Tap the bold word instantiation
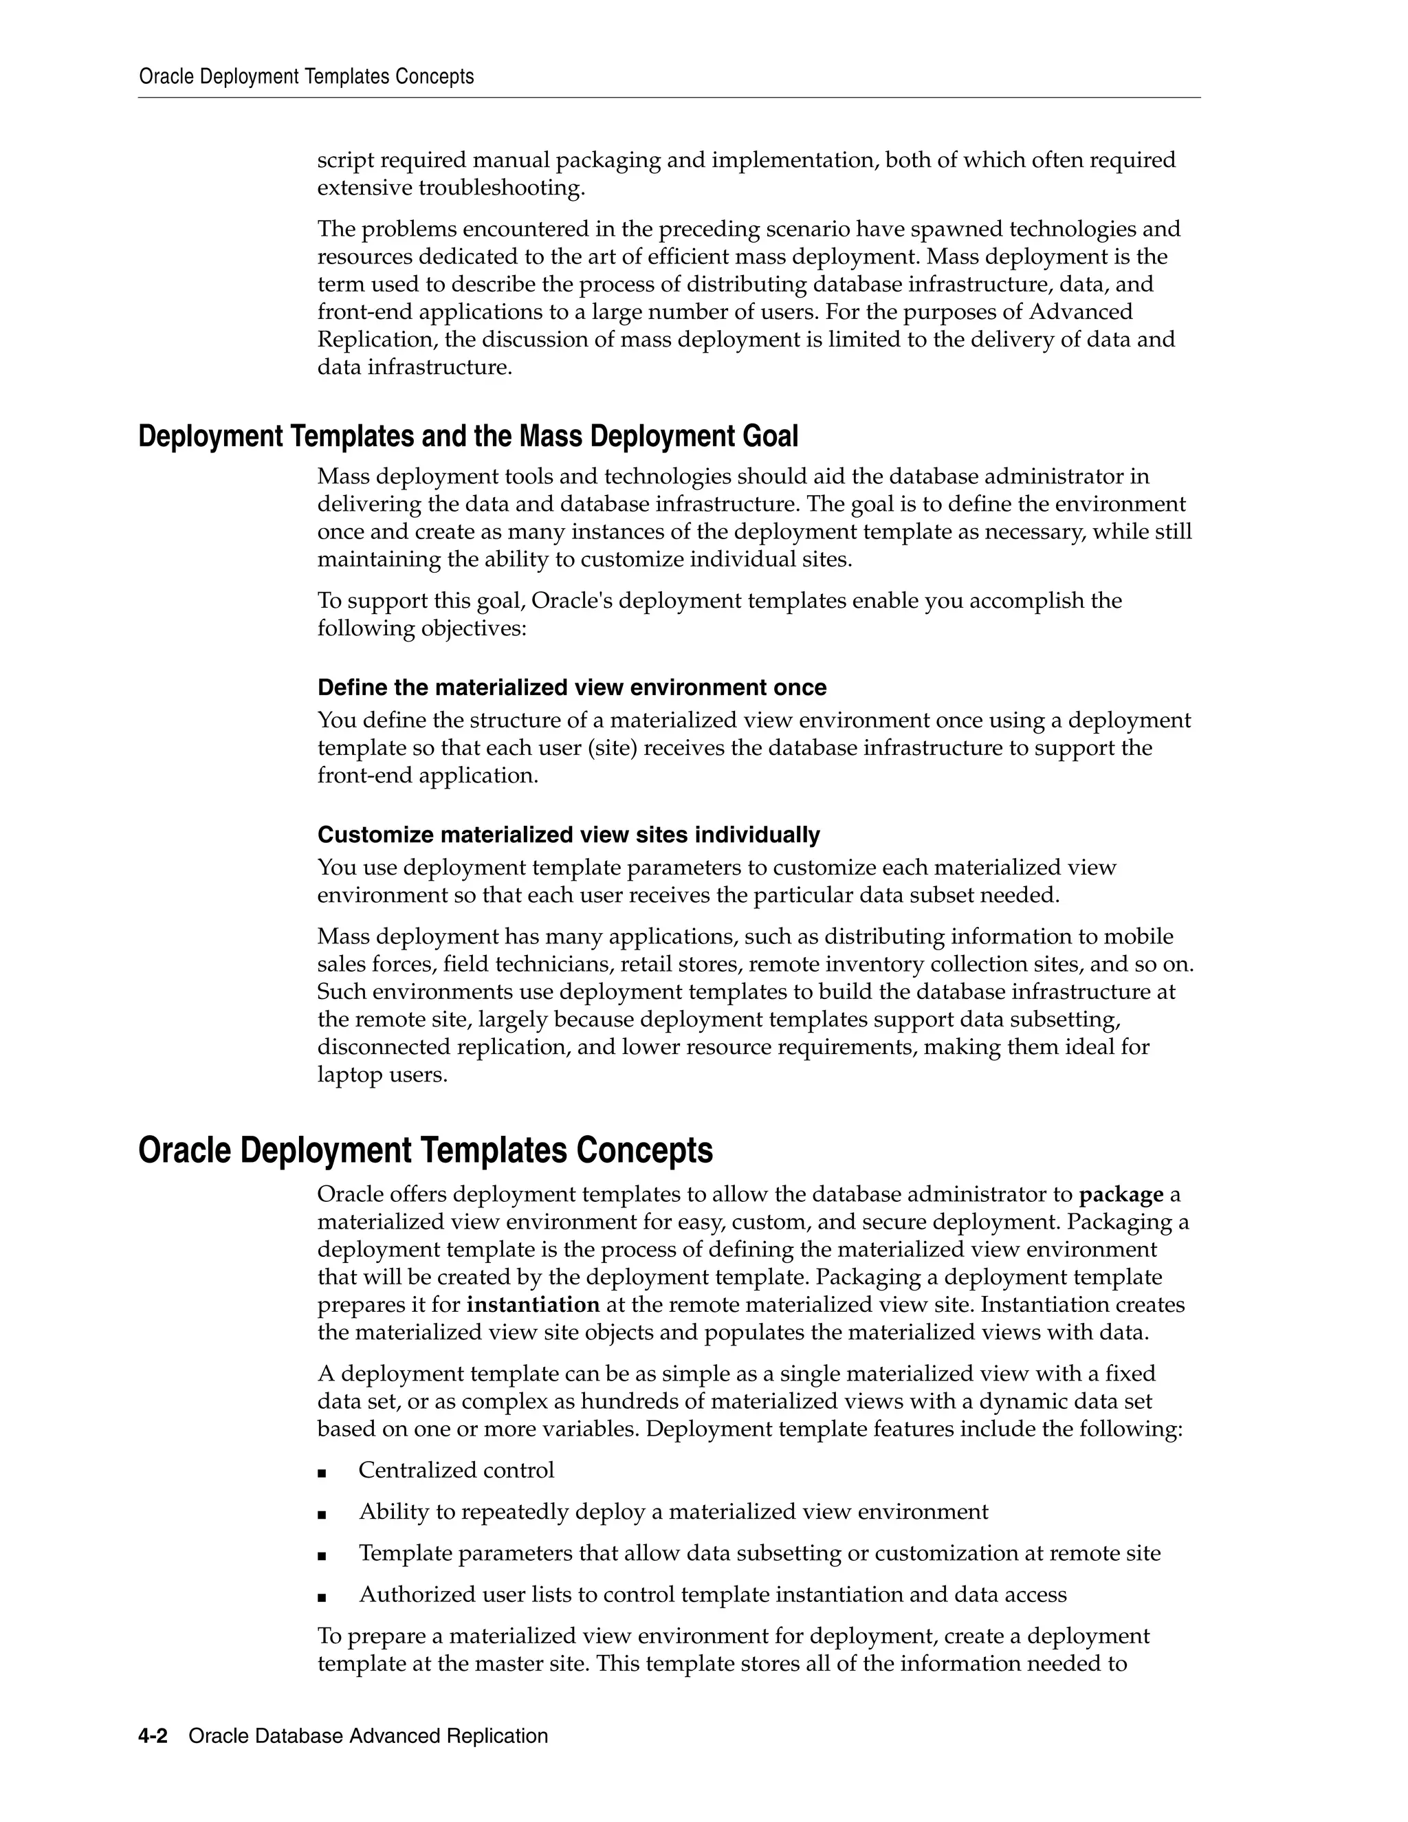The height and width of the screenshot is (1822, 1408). click(533, 1305)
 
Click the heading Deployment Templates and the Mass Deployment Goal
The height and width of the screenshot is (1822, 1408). click(468, 437)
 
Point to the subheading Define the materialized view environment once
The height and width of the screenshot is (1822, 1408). click(571, 688)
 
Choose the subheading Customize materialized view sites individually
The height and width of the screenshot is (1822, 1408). click(568, 835)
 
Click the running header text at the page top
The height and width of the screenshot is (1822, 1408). click(306, 77)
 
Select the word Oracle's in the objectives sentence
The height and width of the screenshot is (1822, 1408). click(571, 601)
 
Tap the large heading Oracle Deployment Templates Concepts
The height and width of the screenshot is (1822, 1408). click(426, 1150)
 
